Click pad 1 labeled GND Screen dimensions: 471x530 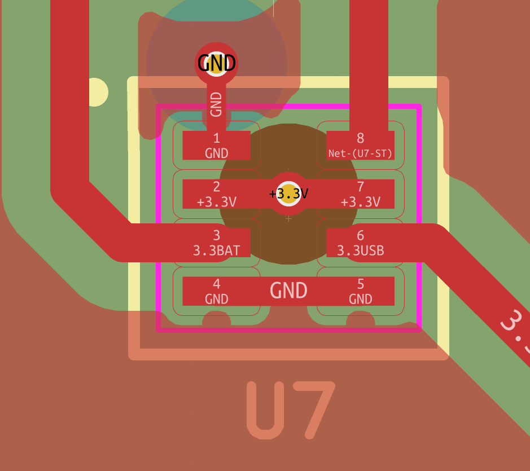[x=216, y=146]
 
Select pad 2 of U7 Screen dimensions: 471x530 [x=216, y=194]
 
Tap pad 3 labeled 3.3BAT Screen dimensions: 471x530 [x=216, y=243]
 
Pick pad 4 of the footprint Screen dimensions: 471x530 [x=216, y=291]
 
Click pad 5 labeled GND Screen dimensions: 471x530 [x=361, y=291]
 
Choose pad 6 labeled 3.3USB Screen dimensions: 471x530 [x=361, y=243]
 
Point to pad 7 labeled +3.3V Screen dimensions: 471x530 [x=361, y=194]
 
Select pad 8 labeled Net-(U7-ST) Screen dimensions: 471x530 [x=361, y=146]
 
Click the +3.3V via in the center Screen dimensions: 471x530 [x=288, y=193]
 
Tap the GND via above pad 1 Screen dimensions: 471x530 [x=217, y=63]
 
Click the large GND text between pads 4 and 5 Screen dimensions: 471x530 [x=288, y=290]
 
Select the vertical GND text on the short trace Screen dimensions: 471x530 [x=216, y=104]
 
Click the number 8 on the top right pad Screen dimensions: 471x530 [x=361, y=138]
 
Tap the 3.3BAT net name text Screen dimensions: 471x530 [x=217, y=250]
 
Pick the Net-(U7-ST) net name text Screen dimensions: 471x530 [x=361, y=153]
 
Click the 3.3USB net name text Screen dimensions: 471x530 [x=361, y=250]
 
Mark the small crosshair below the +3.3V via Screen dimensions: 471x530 [x=288, y=218]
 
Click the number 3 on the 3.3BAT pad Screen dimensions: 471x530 [x=217, y=235]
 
